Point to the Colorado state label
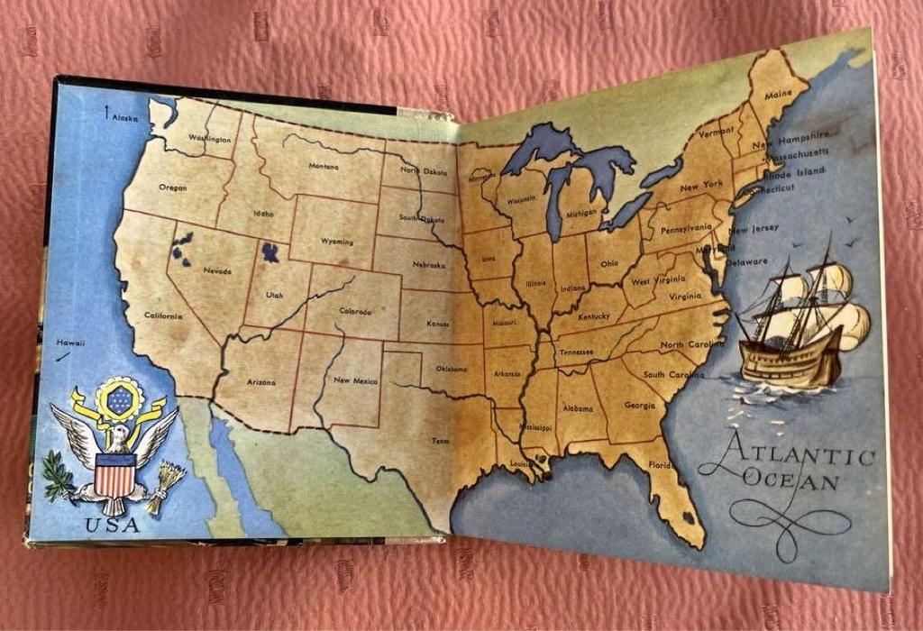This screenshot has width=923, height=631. tap(355, 311)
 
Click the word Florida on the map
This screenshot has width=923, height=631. tap(660, 465)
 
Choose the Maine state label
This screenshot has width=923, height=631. tap(777, 94)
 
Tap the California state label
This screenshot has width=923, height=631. tap(163, 315)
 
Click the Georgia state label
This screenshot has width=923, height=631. tap(639, 405)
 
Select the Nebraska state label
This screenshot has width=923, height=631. tap(428, 266)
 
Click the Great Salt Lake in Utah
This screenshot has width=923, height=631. tap(269, 251)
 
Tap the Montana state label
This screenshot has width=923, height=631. tap(324, 166)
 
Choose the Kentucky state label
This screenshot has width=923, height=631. tap(594, 316)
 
